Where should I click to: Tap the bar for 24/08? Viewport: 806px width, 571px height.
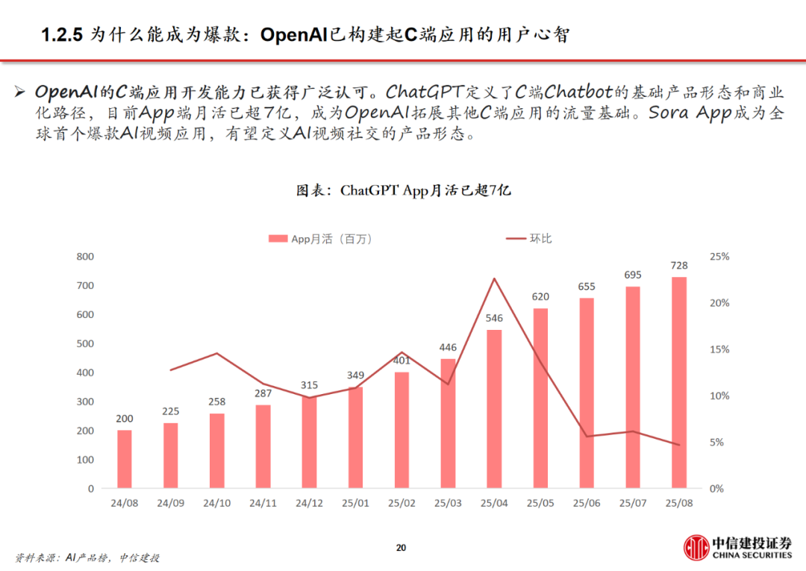click(x=125, y=459)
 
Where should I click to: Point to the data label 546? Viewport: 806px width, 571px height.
click(x=494, y=318)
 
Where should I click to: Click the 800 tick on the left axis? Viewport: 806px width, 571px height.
click(x=85, y=256)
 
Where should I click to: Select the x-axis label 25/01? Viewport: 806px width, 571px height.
click(x=355, y=503)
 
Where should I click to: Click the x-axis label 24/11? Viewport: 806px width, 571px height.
click(x=263, y=503)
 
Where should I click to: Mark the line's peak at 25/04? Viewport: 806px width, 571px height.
click(x=494, y=278)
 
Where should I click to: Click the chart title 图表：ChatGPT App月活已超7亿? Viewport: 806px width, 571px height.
click(x=403, y=190)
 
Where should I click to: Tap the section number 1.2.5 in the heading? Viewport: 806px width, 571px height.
click(x=61, y=35)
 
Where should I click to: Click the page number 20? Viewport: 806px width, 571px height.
click(x=401, y=549)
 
